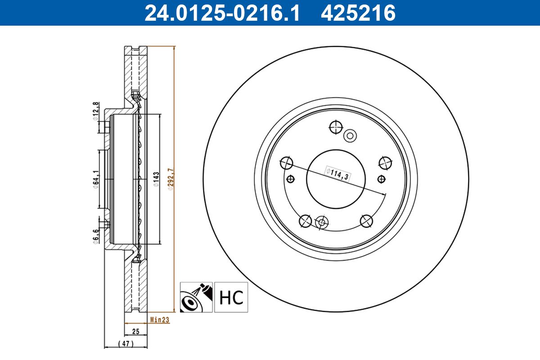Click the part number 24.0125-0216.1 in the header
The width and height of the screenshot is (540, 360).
pos(221,13)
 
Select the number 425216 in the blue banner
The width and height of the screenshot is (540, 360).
pos(358,13)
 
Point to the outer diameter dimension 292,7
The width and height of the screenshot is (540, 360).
pos(170,180)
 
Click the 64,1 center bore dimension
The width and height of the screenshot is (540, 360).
pos(95,180)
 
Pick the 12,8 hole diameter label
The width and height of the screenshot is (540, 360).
pos(95,111)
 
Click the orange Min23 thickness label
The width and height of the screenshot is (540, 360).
pos(159,320)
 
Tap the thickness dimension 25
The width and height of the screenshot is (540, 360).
pos(135,332)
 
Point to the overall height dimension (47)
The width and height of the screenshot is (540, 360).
pos(126,344)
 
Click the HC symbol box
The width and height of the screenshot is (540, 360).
pos(231,297)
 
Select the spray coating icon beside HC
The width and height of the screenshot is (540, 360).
pos(196,297)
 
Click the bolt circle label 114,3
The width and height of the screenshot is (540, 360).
pos(338,173)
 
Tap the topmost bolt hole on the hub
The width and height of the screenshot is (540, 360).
pos(336,127)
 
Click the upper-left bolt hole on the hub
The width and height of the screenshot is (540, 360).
pos(286,163)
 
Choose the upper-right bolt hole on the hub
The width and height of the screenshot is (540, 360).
pos(385,162)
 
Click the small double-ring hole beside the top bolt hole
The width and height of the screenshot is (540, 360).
pos(350,135)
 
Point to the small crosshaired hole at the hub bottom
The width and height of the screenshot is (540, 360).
pos(321,222)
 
